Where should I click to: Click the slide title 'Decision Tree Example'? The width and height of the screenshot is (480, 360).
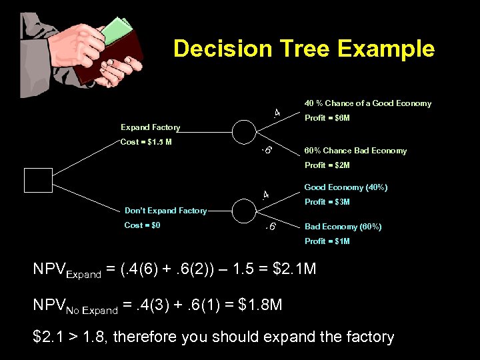pyautogui.click(x=303, y=49)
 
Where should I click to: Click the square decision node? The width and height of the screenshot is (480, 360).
pyautogui.click(x=38, y=181)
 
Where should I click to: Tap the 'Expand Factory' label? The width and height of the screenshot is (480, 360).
pyautogui.click(x=150, y=127)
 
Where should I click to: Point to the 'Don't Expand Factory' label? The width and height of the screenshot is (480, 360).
pyautogui.click(x=165, y=211)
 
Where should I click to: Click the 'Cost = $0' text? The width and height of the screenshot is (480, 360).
pyautogui.click(x=142, y=225)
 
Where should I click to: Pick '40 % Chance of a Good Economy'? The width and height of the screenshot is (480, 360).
pyautogui.click(x=367, y=103)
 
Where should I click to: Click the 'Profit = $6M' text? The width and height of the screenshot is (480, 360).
pyautogui.click(x=327, y=118)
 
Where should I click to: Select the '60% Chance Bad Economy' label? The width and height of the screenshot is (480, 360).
pyautogui.click(x=355, y=151)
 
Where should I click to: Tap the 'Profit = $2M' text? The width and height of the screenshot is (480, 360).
pyautogui.click(x=327, y=165)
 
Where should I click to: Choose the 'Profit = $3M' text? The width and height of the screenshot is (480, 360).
pyautogui.click(x=327, y=202)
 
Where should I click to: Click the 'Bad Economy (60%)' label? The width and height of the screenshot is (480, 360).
pyautogui.click(x=343, y=227)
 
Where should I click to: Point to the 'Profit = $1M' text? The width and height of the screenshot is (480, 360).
pyautogui.click(x=327, y=241)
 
